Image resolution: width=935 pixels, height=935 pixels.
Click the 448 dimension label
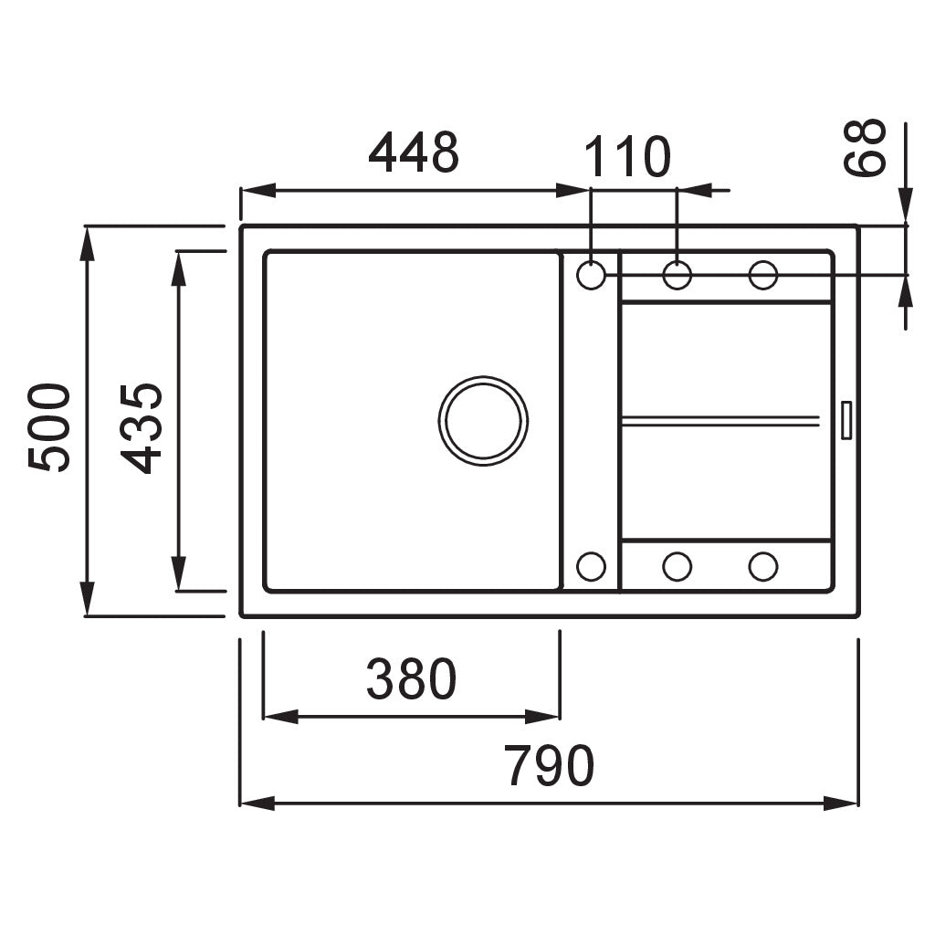(x=413, y=153)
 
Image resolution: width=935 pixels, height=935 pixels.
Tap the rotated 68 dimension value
(x=866, y=146)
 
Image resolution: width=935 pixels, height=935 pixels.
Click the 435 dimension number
(x=143, y=427)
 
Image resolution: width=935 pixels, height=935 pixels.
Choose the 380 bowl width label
(x=411, y=680)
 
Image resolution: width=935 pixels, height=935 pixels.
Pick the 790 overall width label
(x=550, y=766)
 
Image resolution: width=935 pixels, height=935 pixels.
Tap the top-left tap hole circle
(x=592, y=274)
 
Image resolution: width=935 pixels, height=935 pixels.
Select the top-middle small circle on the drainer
(x=677, y=274)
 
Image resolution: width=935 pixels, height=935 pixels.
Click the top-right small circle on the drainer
(x=762, y=274)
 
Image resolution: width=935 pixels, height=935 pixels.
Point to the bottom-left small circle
(x=592, y=566)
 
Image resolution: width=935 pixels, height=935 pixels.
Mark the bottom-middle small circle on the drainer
(x=677, y=566)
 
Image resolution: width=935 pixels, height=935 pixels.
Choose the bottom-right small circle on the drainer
(x=762, y=566)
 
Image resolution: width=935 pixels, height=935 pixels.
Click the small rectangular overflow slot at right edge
(x=846, y=420)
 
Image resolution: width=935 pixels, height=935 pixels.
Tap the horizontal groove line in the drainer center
(x=721, y=420)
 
